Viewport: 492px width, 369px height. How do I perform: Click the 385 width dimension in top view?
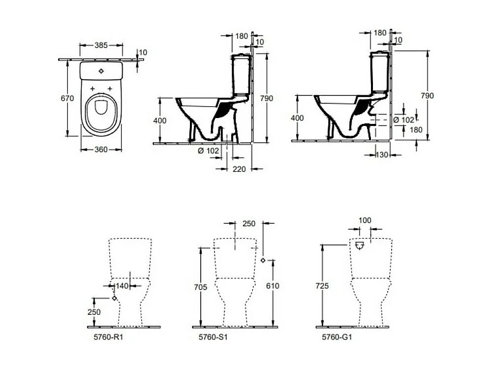tap(101, 45)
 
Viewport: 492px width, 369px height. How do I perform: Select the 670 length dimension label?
tap(67, 98)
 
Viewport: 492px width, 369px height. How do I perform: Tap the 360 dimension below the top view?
tap(101, 150)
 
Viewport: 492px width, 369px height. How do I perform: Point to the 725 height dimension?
tap(323, 285)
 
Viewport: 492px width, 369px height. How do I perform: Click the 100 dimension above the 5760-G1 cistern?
tap(366, 220)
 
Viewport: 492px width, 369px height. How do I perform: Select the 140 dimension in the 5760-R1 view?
tap(122, 285)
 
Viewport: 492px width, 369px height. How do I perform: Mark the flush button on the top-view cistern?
tap(101, 71)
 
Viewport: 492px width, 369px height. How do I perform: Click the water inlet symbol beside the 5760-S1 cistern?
tap(263, 260)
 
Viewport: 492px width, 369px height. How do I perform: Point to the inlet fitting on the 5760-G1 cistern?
tap(359, 245)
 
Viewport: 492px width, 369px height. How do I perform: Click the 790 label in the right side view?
tap(428, 95)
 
